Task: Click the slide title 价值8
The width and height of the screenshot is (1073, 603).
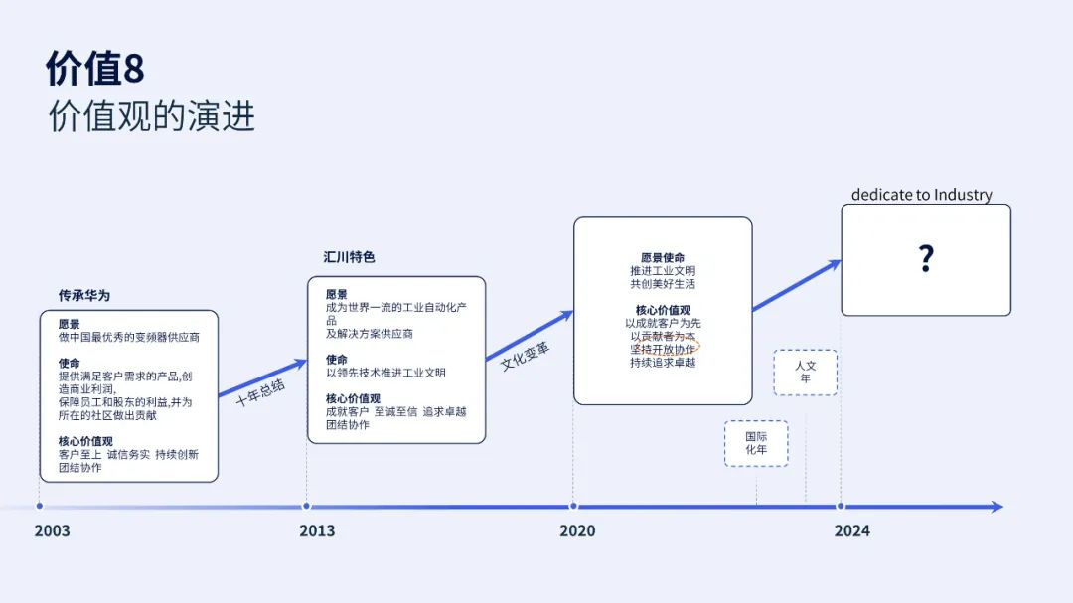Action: tap(95, 69)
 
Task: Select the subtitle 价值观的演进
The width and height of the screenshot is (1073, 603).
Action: tap(152, 115)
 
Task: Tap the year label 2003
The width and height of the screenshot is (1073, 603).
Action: tap(52, 530)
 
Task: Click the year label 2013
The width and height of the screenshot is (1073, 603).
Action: tap(317, 530)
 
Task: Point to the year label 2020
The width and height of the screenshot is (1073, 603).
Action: tap(577, 530)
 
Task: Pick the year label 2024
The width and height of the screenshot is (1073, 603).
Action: tap(852, 530)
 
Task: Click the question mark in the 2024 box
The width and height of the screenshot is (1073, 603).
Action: tap(926, 258)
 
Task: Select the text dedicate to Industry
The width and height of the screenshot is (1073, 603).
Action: tap(922, 195)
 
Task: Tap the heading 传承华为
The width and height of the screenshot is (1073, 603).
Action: tap(84, 296)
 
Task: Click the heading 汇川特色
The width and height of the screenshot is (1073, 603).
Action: tap(349, 257)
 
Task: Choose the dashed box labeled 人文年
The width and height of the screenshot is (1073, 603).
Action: tap(806, 373)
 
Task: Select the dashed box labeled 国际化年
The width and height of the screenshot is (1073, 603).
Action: tap(756, 443)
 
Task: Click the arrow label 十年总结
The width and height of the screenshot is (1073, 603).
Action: tap(260, 392)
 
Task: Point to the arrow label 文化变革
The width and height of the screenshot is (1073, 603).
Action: tap(525, 356)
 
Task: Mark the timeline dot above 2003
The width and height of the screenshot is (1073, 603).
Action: tap(40, 506)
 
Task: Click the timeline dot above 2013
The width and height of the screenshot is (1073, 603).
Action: tap(307, 506)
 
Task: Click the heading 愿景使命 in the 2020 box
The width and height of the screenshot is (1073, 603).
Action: tap(663, 258)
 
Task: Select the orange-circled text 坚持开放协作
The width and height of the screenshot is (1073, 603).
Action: tap(663, 349)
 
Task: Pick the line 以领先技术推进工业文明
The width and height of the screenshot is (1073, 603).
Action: tap(385, 373)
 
